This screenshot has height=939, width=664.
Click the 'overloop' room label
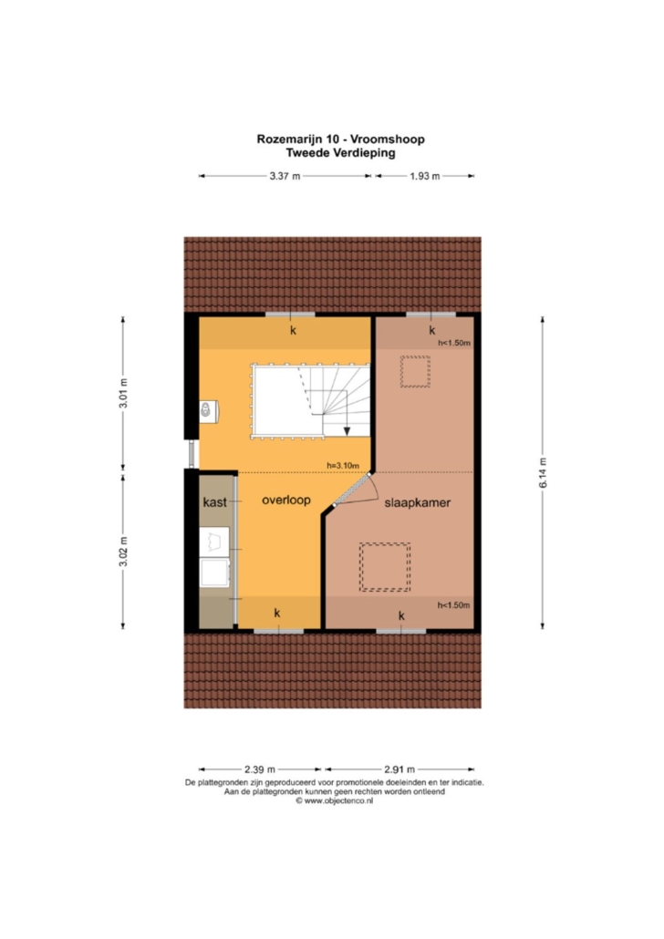pyautogui.click(x=285, y=500)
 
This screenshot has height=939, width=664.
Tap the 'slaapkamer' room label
pyautogui.click(x=417, y=502)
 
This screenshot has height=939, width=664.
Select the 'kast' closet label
pyautogui.click(x=214, y=501)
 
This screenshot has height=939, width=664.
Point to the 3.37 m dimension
pyautogui.click(x=285, y=176)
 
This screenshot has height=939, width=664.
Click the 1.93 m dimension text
pyautogui.click(x=425, y=176)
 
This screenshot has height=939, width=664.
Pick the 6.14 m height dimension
pyautogui.click(x=543, y=472)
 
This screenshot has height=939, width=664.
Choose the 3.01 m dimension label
pyautogui.click(x=123, y=394)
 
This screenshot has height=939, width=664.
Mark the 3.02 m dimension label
pyautogui.click(x=123, y=552)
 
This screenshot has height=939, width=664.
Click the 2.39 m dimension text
pyautogui.click(x=259, y=769)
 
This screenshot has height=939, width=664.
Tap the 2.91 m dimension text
pyautogui.click(x=399, y=769)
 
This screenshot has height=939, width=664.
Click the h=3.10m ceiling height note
pyautogui.click(x=343, y=465)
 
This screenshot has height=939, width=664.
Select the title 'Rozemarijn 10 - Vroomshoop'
pyautogui.click(x=340, y=139)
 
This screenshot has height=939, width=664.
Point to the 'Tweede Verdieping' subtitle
pyautogui.click(x=340, y=153)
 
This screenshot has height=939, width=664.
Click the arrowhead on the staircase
pyautogui.click(x=347, y=431)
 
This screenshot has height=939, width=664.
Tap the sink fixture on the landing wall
pyautogui.click(x=208, y=411)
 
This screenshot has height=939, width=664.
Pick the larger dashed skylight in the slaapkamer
pyautogui.click(x=385, y=567)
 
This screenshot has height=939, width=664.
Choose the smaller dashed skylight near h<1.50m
pyautogui.click(x=415, y=372)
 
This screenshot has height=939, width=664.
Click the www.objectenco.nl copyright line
pyautogui.click(x=334, y=800)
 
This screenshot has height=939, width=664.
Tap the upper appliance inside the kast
pyautogui.click(x=214, y=542)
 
